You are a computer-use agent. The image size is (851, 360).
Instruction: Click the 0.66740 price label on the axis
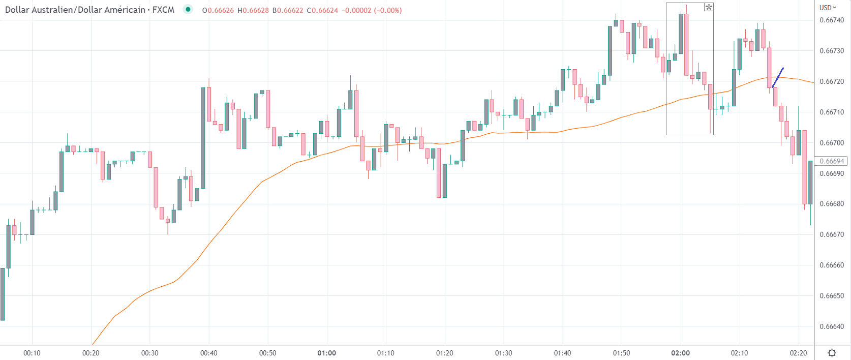832,20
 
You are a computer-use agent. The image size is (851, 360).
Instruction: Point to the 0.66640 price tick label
832,326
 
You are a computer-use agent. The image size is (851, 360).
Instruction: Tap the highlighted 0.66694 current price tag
832,161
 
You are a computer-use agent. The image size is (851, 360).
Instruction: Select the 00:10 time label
32,353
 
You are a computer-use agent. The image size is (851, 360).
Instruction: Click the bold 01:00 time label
326,353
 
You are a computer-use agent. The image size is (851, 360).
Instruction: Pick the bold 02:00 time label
680,353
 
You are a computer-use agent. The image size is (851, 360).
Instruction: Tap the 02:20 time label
798,353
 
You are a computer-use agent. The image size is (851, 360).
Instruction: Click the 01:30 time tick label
503,353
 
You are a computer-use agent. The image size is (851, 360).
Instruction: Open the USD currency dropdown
828,8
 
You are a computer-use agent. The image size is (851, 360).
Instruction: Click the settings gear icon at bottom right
832,353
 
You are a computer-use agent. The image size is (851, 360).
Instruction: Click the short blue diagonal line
778,77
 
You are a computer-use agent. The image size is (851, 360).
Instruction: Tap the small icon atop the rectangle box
709,7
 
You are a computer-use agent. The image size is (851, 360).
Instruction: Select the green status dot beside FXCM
188,9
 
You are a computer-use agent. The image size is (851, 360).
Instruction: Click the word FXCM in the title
163,10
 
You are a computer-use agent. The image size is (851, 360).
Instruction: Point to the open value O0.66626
218,10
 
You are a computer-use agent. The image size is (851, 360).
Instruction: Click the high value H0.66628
253,10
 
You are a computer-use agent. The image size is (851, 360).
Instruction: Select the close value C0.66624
322,10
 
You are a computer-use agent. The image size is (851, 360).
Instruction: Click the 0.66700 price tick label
832,143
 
